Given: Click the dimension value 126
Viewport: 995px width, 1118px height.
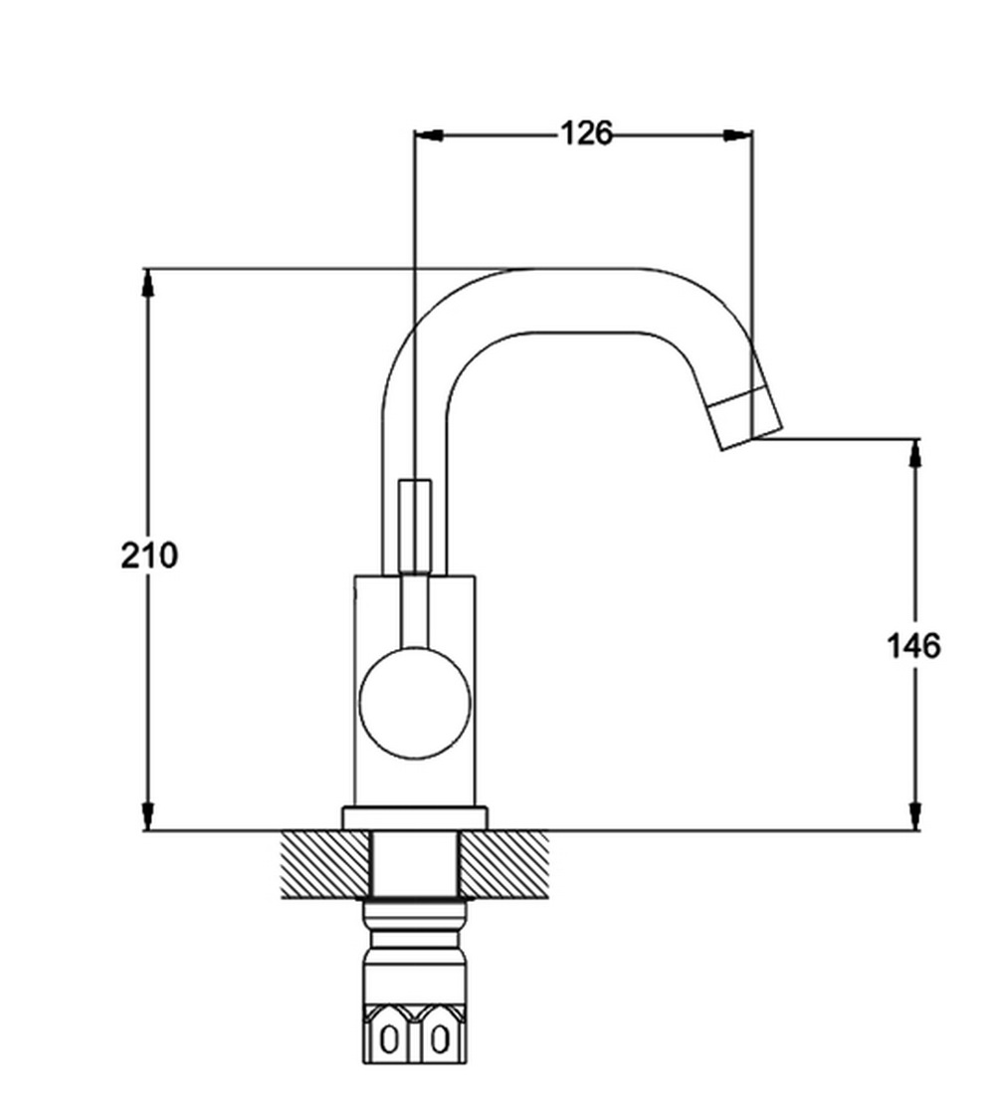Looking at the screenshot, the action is (586, 133).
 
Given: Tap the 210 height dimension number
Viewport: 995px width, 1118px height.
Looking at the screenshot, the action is (149, 556).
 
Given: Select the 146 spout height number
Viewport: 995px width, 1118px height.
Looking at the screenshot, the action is (913, 646).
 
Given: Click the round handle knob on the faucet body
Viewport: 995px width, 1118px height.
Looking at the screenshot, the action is (416, 702).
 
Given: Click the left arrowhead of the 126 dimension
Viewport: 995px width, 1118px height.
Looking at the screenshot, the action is (429, 134).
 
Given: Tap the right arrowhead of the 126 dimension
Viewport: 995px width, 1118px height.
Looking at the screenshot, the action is (737, 134).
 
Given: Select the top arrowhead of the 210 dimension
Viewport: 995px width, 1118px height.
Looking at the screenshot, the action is (148, 283).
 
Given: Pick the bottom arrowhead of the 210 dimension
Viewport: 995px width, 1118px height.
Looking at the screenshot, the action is (148, 815).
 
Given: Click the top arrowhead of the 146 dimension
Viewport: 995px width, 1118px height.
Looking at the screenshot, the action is (914, 454).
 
